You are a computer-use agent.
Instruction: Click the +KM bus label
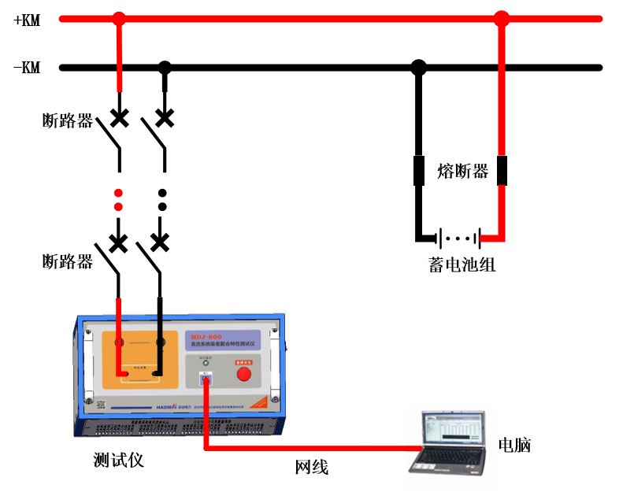pyautogui.click(x=27, y=20)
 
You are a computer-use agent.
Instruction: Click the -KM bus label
pyautogui.click(x=27, y=68)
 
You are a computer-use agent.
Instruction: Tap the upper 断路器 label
pyautogui.click(x=68, y=120)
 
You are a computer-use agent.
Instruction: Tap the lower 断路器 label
pyautogui.click(x=68, y=261)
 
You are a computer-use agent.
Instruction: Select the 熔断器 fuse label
pyautogui.click(x=462, y=171)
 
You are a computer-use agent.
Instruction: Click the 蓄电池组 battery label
pyautogui.click(x=457, y=264)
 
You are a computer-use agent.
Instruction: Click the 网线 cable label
pyautogui.click(x=311, y=467)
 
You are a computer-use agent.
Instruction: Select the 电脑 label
pyautogui.click(x=514, y=445)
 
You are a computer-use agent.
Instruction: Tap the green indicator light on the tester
pyautogui.click(x=206, y=364)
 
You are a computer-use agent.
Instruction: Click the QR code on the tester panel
pyautogui.click(x=101, y=405)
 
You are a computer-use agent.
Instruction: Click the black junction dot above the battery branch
pyautogui.click(x=419, y=68)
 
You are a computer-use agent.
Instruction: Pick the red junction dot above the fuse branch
pyautogui.click(x=501, y=17)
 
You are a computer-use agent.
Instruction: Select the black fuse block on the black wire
pyautogui.click(x=419, y=171)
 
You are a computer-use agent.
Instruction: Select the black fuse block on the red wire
pyautogui.click(x=501, y=171)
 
